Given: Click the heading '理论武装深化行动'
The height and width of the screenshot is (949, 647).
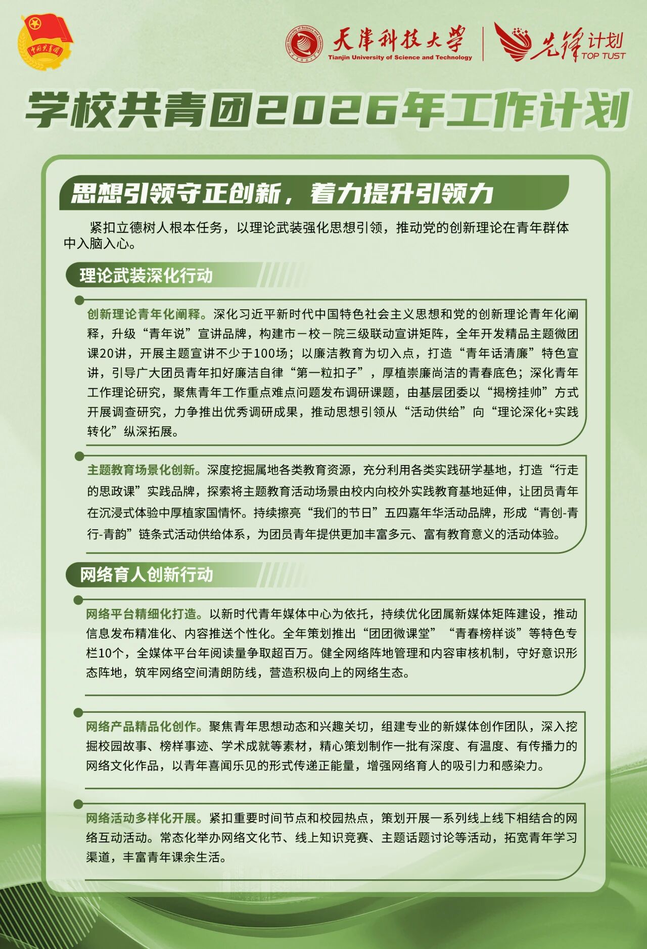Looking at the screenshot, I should click(146, 276).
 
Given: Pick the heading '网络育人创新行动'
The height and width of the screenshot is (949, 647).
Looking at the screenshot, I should click(147, 574).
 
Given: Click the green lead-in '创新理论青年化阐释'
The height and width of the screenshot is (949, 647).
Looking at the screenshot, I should click(144, 314).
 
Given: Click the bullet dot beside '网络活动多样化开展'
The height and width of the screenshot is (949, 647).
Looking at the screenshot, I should click(78, 804).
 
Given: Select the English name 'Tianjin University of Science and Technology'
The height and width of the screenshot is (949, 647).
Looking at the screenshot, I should click(400, 58).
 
